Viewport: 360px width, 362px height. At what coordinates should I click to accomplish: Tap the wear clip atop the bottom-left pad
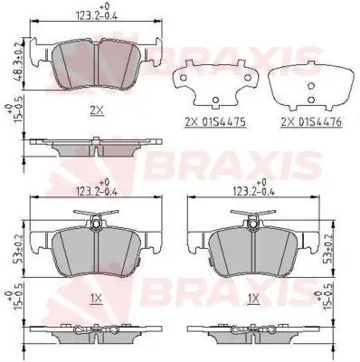click(x=97, y=215)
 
